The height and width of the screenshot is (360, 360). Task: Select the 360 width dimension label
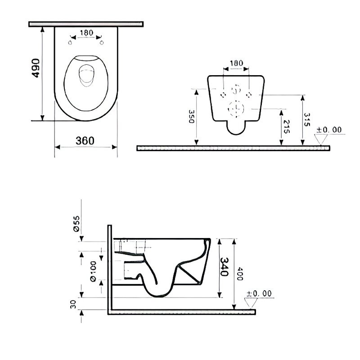tap(85, 141)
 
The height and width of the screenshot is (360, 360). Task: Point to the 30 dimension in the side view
tap(73, 304)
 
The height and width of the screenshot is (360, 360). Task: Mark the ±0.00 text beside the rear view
tap(329, 130)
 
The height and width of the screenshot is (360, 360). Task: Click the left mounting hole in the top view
tap(71, 43)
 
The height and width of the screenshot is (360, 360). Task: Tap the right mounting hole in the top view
tap(102, 43)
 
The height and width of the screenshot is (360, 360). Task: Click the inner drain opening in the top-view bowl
tap(85, 76)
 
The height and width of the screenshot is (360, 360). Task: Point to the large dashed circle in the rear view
tap(235, 108)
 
